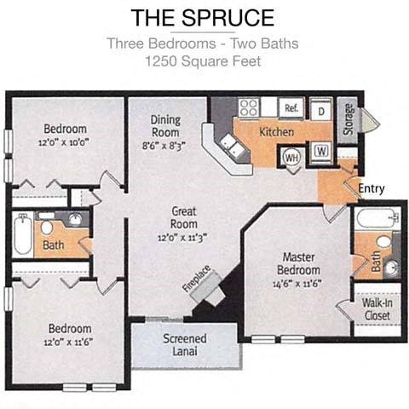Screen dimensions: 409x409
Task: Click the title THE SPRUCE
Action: click(203, 17)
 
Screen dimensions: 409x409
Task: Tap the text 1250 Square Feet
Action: click(203, 61)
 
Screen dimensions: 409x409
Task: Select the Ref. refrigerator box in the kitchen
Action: click(291, 108)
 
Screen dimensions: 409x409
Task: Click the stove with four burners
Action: click(248, 108)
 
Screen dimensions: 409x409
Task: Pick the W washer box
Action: click(322, 152)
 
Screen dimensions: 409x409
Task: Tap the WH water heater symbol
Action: click(291, 158)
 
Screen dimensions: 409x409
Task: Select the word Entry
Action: click(371, 188)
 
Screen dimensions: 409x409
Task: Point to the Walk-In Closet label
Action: click(376, 309)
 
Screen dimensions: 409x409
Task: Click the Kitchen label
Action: click(276, 132)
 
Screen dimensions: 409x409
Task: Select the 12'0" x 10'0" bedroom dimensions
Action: click(67, 143)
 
